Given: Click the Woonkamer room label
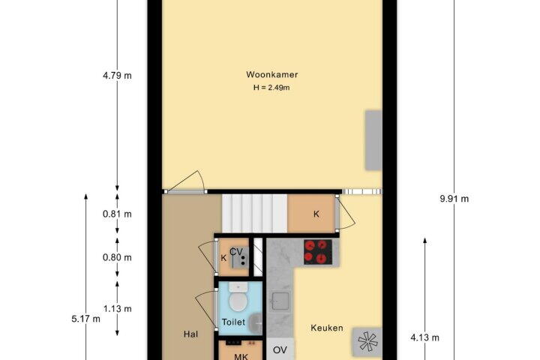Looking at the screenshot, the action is pos(271,74).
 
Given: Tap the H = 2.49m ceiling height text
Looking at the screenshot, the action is pos(271,88).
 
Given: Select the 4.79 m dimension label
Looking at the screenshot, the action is pos(117,76).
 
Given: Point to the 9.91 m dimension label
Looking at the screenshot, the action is pos(454,199).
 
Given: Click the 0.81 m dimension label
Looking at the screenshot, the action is pos(117,214).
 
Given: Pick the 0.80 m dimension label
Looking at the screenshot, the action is pos(117,257).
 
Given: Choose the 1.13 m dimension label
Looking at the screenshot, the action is pos(118,309).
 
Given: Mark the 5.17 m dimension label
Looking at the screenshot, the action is pos(85,319).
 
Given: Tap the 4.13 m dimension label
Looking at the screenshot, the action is pos(424,337).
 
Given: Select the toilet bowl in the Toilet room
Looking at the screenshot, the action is pos(238,298).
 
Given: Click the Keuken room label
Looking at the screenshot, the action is pos(327,328).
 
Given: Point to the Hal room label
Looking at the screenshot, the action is pos(190,334).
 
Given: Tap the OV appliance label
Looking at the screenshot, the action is pos(280,350).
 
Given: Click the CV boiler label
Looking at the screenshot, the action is pos(236,252).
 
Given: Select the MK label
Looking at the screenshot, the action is pos(241,356).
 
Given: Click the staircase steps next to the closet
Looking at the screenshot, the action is pos(254,214).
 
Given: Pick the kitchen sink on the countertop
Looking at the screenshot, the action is pos(280,301).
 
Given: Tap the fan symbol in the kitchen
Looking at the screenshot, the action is pos(367,342).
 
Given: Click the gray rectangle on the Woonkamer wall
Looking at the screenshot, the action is pos(373,140).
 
